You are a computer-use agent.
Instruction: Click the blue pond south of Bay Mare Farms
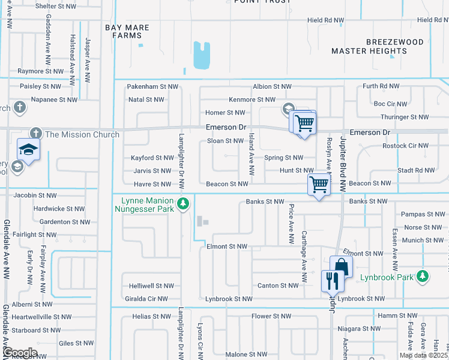tap(202, 55)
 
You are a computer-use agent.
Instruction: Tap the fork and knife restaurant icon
tap(332, 280)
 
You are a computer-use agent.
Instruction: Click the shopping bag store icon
tap(340, 266)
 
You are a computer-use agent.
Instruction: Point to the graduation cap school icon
tap(28, 149)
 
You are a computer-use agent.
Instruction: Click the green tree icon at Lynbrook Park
tap(424, 276)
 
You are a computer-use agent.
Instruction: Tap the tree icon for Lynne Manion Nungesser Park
tap(183, 205)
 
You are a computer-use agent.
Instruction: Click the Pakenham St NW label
tap(152, 87)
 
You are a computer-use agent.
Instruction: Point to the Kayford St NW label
tap(152, 158)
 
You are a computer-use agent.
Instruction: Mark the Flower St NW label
tap(271, 316)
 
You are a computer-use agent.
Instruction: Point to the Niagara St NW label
tap(361, 329)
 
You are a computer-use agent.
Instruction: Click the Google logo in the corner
tap(19, 353)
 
